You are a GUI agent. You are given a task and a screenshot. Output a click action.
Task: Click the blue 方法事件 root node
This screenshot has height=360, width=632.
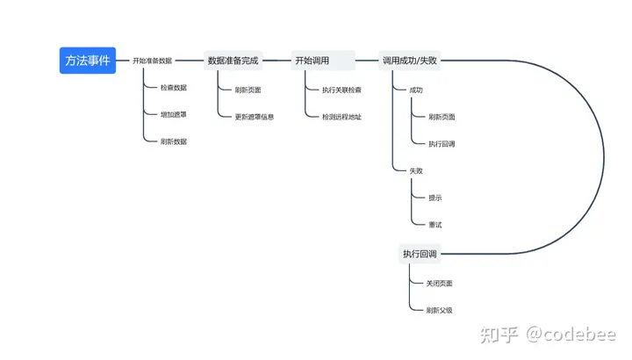87,61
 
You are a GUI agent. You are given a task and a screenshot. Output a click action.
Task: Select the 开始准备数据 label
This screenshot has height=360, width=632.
152,61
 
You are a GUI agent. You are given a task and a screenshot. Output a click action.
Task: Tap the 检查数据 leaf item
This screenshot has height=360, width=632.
174,88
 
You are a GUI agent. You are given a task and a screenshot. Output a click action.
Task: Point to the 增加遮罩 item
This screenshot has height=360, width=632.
174,115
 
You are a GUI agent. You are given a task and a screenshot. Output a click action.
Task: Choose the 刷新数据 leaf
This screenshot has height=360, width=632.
174,141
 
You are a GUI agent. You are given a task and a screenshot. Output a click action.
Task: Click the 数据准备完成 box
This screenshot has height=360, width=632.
233,61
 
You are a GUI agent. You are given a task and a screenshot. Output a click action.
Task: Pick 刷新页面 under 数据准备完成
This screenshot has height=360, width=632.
248,90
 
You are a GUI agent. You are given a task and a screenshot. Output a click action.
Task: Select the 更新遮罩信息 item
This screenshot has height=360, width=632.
255,117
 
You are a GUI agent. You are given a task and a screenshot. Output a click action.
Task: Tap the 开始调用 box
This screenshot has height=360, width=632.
312,61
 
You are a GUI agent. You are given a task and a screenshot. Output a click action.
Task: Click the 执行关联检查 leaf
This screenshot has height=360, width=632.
341,90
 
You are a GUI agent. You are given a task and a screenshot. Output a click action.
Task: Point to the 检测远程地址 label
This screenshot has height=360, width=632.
341,117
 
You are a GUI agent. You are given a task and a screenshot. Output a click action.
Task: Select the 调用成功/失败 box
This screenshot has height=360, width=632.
409,61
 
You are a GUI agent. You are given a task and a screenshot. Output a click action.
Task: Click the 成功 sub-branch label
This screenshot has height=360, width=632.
416,90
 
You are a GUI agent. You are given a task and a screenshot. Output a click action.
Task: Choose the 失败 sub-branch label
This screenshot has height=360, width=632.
416,170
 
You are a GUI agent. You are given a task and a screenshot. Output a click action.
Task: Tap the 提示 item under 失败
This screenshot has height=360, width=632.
435,198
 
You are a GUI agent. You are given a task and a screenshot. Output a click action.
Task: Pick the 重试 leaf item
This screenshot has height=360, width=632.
435,225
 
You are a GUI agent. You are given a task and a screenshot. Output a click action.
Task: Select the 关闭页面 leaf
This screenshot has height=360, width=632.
440,284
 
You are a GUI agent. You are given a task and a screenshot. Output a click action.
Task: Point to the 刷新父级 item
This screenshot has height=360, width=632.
440,310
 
